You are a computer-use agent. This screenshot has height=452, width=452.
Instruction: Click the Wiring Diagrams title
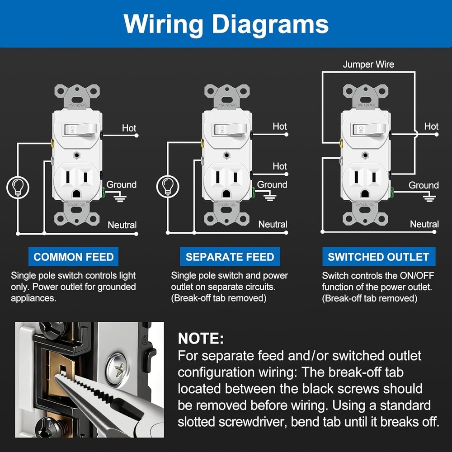click(226, 24)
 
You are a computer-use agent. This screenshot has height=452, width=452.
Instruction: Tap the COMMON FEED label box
click(73, 257)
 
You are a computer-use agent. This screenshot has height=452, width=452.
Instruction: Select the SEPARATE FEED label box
click(230, 257)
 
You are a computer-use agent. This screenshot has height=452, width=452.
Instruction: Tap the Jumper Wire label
click(368, 64)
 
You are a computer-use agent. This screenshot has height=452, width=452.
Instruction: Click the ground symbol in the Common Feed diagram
click(119, 197)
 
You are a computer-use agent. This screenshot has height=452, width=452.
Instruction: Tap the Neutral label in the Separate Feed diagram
click(273, 224)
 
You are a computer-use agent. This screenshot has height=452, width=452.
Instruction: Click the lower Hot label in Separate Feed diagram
click(280, 166)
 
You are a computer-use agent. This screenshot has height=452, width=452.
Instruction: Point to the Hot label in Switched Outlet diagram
click(431, 127)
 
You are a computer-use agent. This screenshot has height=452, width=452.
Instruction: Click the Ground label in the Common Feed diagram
click(121, 184)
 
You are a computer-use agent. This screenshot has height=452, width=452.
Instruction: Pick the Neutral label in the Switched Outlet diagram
click(424, 224)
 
